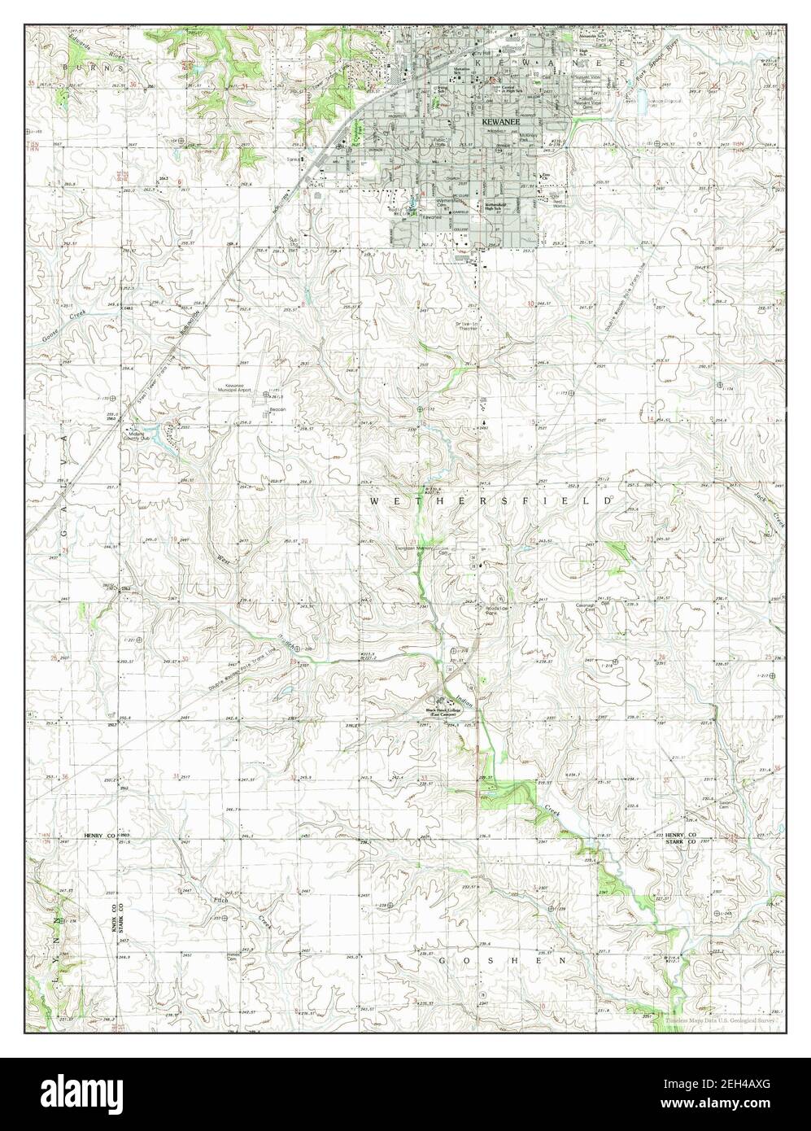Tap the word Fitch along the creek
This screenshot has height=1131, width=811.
tap(220, 902)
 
